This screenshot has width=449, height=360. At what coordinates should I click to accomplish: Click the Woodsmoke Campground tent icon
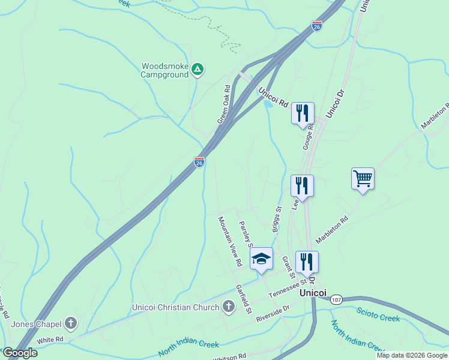[x=197, y=70]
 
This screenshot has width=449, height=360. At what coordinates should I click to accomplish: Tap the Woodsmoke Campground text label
[x=165, y=70]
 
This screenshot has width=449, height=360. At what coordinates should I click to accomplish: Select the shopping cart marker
[x=363, y=178]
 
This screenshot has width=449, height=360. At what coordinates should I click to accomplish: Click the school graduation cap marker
[x=261, y=259]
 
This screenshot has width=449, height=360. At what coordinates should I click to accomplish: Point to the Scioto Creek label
[x=378, y=314]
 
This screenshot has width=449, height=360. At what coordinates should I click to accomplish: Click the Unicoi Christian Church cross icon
[x=228, y=307]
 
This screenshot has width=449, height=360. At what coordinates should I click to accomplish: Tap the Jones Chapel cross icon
[x=71, y=324]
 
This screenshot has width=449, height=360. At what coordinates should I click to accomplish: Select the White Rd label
[x=50, y=340]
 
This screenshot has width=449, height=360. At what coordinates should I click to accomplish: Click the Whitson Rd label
[x=230, y=357]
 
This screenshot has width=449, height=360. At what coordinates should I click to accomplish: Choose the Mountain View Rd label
[x=229, y=241]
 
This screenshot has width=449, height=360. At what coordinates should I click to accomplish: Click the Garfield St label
[x=243, y=299]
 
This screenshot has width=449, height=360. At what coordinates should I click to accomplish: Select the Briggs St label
[x=277, y=220]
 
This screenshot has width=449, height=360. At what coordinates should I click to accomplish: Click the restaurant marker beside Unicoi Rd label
[x=303, y=113]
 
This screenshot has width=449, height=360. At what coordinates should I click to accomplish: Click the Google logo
[x=19, y=353]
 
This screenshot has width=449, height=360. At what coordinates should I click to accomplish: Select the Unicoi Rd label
[x=274, y=96]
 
